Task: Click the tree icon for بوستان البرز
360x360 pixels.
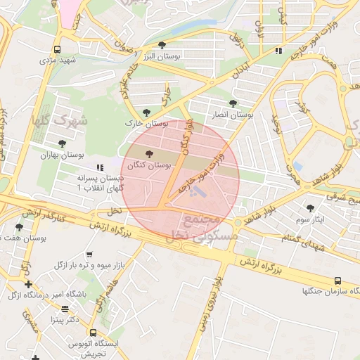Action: point(162,45)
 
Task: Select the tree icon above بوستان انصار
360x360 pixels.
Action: point(233,103)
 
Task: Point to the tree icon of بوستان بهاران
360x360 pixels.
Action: point(63,143)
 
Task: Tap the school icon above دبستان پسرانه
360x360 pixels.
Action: point(99,167)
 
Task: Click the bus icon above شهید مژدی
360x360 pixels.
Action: point(56,50)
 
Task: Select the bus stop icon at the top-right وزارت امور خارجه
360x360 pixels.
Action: point(279,51)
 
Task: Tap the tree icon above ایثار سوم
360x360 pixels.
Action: point(311,208)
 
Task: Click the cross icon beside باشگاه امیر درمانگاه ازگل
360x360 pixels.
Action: point(28,285)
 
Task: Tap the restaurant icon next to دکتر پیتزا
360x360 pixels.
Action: point(65,309)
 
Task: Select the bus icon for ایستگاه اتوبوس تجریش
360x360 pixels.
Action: point(92,332)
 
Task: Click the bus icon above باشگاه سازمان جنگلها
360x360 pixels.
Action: point(338,280)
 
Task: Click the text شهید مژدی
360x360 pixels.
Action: point(57,61)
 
